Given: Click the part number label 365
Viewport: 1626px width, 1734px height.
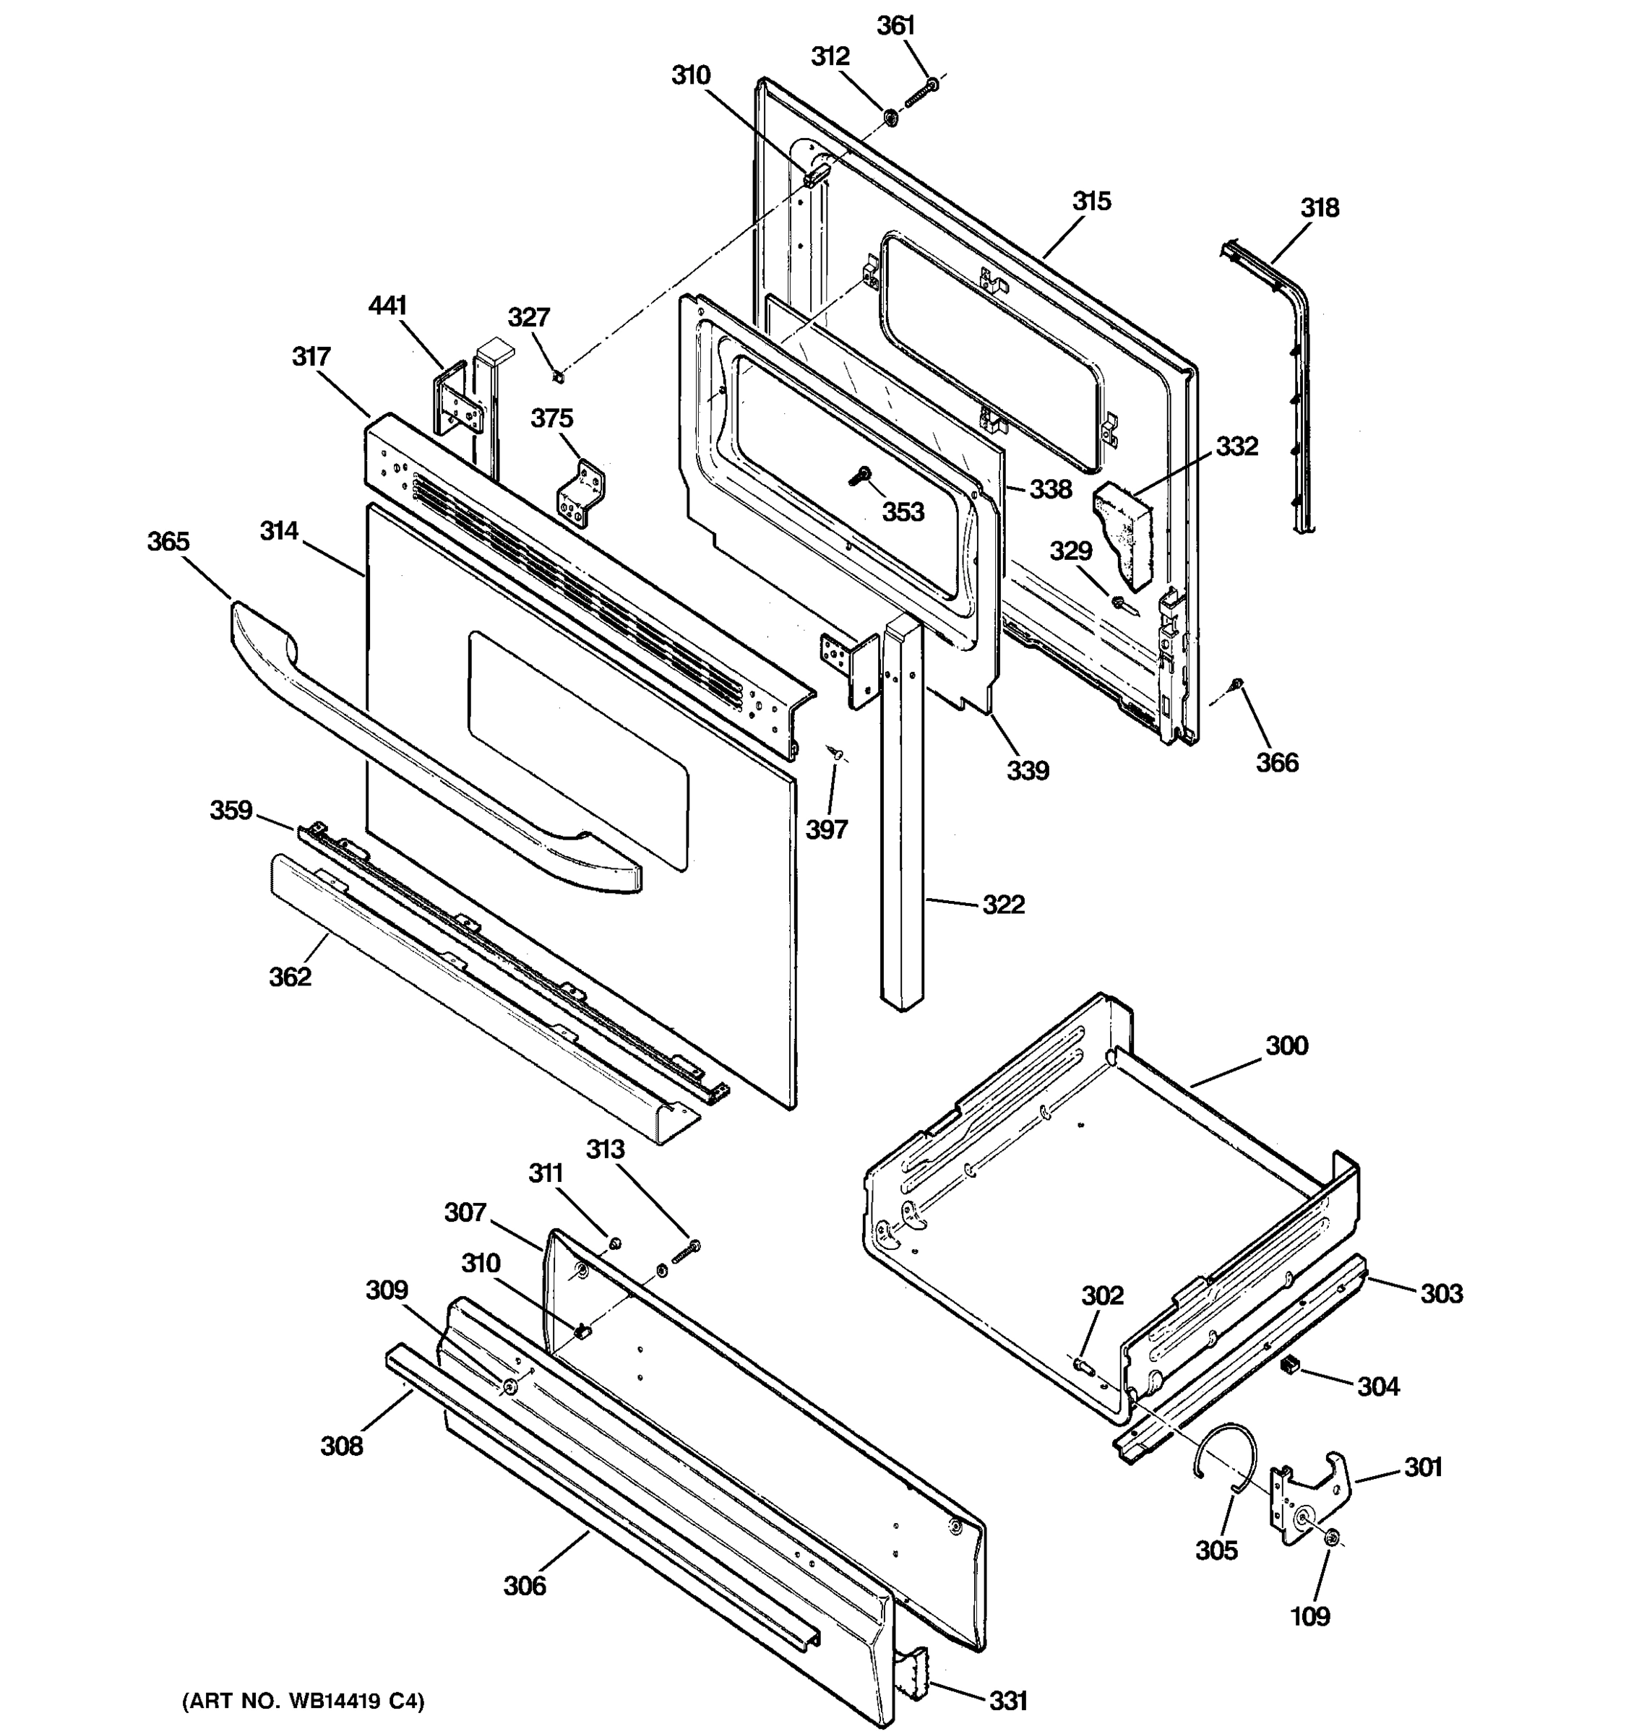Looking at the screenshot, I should pos(168,542).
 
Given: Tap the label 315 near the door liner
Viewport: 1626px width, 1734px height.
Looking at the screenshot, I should pos(1091,202).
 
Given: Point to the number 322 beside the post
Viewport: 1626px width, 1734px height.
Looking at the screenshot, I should pos(1003,905).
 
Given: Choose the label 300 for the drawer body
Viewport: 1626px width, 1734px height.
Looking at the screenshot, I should pos(1286,1045).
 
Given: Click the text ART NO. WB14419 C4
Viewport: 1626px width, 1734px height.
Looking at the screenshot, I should pos(303,1701).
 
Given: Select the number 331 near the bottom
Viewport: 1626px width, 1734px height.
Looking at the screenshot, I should pos(1007,1700).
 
